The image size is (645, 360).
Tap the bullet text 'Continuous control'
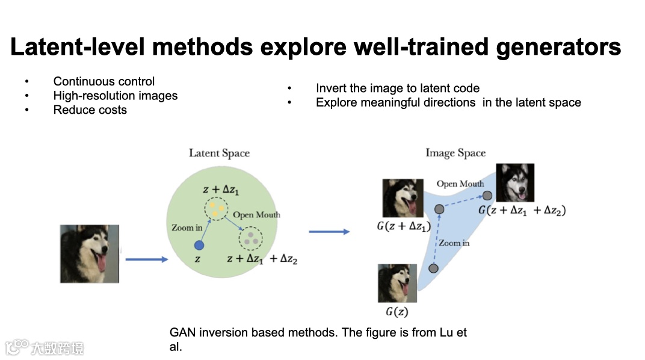(x=104, y=81)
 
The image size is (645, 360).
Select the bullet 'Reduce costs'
(x=90, y=110)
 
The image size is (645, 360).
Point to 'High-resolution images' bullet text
(x=116, y=95)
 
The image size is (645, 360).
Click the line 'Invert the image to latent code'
(x=398, y=88)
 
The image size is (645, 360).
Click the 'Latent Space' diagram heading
(x=219, y=153)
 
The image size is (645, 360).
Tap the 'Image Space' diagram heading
(x=455, y=153)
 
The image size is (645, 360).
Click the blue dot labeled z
(x=199, y=245)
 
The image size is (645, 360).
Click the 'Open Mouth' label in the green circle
(x=256, y=215)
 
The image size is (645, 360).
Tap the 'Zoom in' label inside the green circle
(x=187, y=228)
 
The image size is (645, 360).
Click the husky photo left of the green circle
(x=90, y=253)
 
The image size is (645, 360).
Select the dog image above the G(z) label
(x=397, y=284)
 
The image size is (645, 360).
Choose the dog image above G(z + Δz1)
(x=403, y=198)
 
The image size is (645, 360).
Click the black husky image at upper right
(x=514, y=182)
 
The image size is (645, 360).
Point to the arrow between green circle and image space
(x=329, y=231)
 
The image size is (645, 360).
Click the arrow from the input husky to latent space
(x=146, y=259)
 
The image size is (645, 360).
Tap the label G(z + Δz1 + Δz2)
(x=522, y=211)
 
